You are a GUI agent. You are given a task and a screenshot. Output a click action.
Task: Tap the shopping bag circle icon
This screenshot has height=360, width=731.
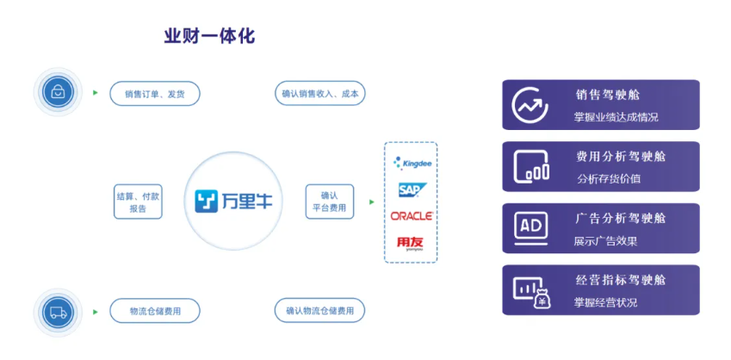coord(58,92)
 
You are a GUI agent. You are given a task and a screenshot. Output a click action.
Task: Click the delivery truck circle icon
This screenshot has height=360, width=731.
coord(58,311)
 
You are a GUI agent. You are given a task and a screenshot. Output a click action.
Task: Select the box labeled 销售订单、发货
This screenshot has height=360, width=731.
coord(154,93)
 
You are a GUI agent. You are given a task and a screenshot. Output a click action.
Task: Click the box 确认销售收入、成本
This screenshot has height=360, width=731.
coord(319,93)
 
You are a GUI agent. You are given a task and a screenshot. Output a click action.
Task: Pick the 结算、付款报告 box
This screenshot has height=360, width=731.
coord(138,202)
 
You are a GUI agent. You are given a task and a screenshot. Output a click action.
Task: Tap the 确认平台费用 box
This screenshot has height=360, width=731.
coord(330,202)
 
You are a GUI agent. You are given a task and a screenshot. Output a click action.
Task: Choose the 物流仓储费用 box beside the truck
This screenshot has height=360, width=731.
coord(155,311)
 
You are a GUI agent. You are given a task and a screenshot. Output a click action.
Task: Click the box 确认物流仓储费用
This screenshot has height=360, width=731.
coord(319,311)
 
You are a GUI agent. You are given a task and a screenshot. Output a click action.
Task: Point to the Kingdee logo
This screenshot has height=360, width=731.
coord(411,161)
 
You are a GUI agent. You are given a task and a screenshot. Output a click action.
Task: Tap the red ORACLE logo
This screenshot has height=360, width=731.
coord(411,215)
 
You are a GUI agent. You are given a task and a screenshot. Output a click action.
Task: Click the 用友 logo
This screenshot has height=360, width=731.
coord(410,243)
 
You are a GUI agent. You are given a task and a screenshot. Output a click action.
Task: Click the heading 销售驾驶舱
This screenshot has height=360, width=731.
coord(608,95)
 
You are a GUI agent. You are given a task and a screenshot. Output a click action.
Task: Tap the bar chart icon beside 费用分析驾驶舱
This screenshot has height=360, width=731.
coord(531,166)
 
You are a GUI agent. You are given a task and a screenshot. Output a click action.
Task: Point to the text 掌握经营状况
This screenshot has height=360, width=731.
coord(606,302)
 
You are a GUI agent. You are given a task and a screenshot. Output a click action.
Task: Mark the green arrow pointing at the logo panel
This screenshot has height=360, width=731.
coord(372,202)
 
